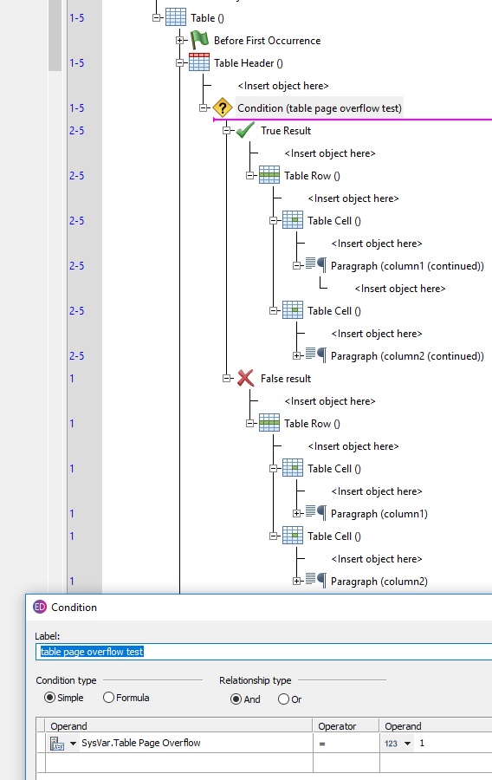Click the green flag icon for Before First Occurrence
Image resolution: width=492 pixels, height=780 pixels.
click(199, 40)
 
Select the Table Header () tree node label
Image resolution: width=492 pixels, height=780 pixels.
click(249, 62)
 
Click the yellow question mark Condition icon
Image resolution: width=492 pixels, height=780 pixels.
click(223, 107)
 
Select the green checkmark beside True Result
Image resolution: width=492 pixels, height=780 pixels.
click(245, 130)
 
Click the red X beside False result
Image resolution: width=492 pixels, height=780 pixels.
click(245, 378)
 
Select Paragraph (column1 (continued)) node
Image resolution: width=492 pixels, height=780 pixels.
click(407, 265)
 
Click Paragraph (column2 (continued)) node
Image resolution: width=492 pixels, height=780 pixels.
click(407, 355)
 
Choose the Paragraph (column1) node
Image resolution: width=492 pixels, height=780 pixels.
click(379, 513)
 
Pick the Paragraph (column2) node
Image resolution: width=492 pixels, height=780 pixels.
click(379, 581)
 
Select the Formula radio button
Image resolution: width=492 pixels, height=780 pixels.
click(109, 698)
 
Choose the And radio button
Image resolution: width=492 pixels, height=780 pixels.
click(236, 699)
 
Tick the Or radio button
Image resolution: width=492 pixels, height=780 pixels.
click(283, 699)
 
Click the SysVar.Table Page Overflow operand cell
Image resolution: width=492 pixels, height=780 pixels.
click(140, 743)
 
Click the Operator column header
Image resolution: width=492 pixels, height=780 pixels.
click(337, 726)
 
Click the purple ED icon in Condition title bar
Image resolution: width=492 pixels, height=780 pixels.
click(40, 607)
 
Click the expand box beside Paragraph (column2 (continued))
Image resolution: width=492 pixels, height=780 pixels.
click(297, 355)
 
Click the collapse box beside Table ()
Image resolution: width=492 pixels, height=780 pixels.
click(157, 17)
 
